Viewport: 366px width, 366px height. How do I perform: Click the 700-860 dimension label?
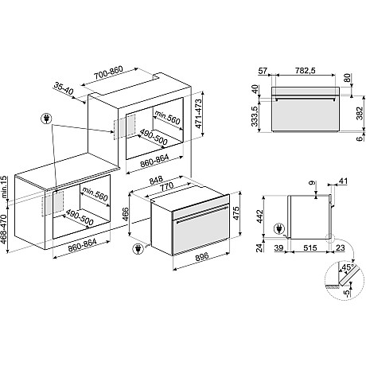pyautogui.click(x=108, y=73)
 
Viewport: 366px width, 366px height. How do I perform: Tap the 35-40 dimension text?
pyautogui.click(x=64, y=89)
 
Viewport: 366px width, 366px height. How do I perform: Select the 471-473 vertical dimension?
pyautogui.click(x=199, y=114)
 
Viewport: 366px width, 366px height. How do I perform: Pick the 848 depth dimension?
pyautogui.click(x=156, y=181)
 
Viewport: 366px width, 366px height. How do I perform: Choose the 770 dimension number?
pyautogui.click(x=167, y=186)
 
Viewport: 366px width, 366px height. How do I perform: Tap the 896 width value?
pyautogui.click(x=201, y=256)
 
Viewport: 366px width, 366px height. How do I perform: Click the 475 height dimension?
pyautogui.click(x=236, y=212)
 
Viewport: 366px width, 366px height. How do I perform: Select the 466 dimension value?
pyautogui.click(x=125, y=214)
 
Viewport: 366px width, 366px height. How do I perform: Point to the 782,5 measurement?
pyautogui.click(x=305, y=71)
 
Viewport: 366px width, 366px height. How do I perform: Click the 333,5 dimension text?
pyautogui.click(x=255, y=116)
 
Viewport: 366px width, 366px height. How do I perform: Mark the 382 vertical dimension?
pyautogui.click(x=360, y=113)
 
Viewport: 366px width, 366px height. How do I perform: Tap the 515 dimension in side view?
pyautogui.click(x=310, y=247)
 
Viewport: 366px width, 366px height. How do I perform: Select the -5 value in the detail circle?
pyautogui.click(x=347, y=293)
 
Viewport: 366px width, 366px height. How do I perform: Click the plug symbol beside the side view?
pyautogui.click(x=279, y=228)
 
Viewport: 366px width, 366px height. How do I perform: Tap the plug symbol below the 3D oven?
pyautogui.click(x=138, y=249)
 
